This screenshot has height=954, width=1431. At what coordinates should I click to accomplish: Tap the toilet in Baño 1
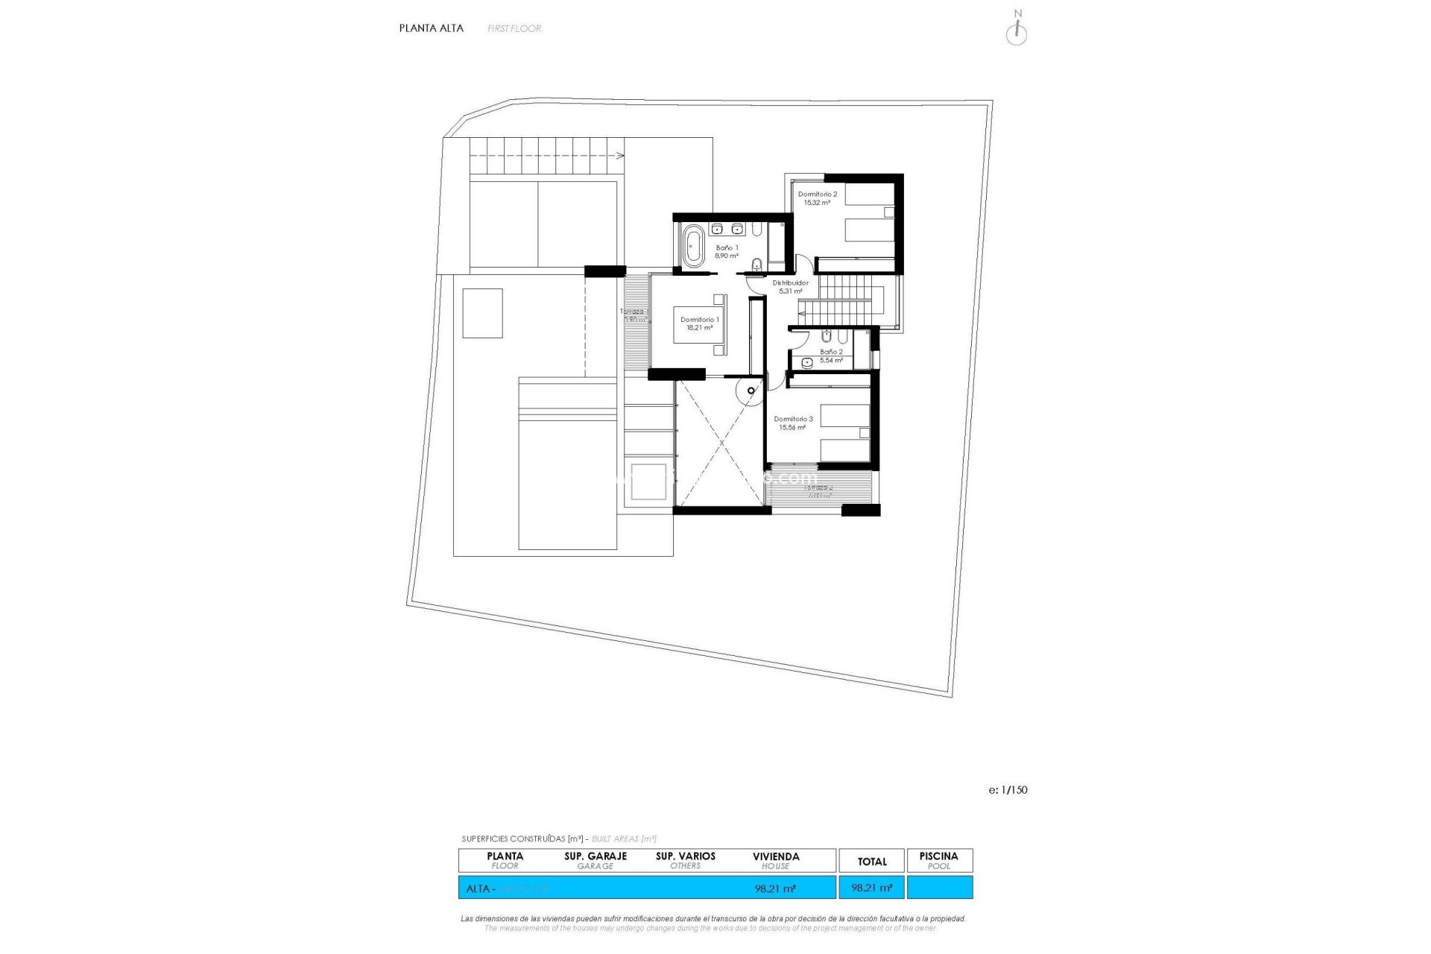(x=757, y=263)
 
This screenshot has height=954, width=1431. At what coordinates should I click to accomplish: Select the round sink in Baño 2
(x=807, y=363)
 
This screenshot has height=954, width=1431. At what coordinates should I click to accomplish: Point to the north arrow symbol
(x=1017, y=31)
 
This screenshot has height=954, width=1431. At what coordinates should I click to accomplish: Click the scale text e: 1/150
(x=1008, y=790)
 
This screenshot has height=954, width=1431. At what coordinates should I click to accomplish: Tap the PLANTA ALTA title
(x=431, y=28)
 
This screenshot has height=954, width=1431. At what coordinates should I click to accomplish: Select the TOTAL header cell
(x=871, y=862)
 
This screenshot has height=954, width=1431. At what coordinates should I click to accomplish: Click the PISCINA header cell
(x=938, y=861)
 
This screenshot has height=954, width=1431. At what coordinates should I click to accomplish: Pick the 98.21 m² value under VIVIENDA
(x=775, y=888)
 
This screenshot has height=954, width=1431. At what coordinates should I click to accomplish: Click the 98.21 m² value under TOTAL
(x=871, y=888)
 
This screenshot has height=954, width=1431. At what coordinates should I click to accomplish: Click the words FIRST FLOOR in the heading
(x=514, y=28)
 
